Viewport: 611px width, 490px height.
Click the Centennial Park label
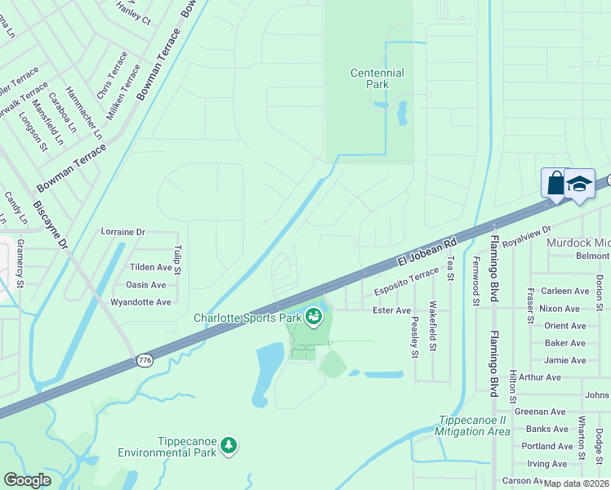coord(377,78)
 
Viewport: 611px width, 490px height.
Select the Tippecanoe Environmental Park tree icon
coord(230,444)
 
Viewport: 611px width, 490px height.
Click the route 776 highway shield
coord(145,360)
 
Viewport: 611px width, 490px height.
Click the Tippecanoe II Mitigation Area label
coord(472,425)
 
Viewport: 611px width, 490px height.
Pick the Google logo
coord(27,480)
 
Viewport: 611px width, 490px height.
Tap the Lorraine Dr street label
coord(123,232)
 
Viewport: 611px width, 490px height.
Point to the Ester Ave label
coord(391,310)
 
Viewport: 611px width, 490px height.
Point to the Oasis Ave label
coord(145,285)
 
